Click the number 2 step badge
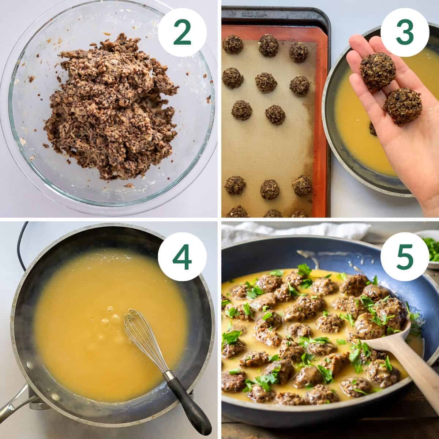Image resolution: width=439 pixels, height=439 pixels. click(x=182, y=32)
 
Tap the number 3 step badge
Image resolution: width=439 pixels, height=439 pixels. click(x=404, y=32)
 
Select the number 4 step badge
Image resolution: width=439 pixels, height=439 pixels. click(x=182, y=256)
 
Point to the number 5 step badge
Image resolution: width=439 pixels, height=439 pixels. click(x=404, y=256)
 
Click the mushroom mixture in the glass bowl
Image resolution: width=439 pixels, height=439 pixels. click(x=110, y=110)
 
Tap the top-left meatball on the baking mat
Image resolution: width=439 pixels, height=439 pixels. click(x=233, y=44)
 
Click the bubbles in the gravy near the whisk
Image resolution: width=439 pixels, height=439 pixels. click(x=110, y=322)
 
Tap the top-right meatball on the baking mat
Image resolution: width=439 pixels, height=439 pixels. click(x=299, y=52)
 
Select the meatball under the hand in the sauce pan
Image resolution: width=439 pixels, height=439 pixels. click(x=372, y=129)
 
